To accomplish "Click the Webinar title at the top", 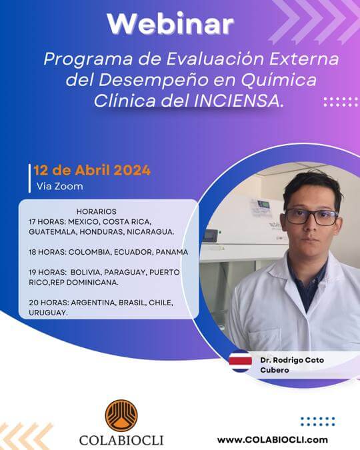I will (171, 24).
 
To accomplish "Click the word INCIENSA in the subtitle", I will (253, 101).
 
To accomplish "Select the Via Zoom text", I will (59, 187).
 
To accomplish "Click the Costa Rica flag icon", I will (240, 361).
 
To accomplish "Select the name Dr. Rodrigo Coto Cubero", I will (291, 365).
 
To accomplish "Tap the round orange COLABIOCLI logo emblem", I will (121, 415).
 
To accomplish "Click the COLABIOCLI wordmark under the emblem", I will (121, 440).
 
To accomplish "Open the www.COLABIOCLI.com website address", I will (272, 439).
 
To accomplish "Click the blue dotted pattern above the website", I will (317, 421).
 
